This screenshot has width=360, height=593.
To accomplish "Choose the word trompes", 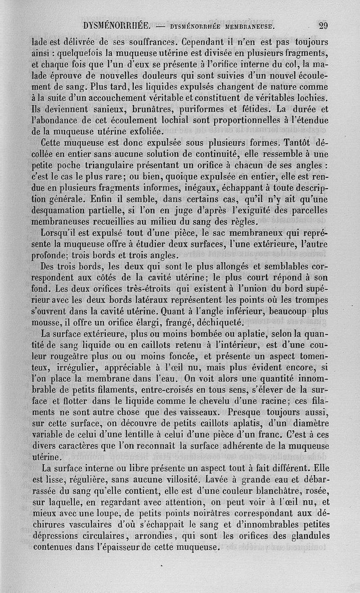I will pyautogui.click(x=312, y=300).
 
